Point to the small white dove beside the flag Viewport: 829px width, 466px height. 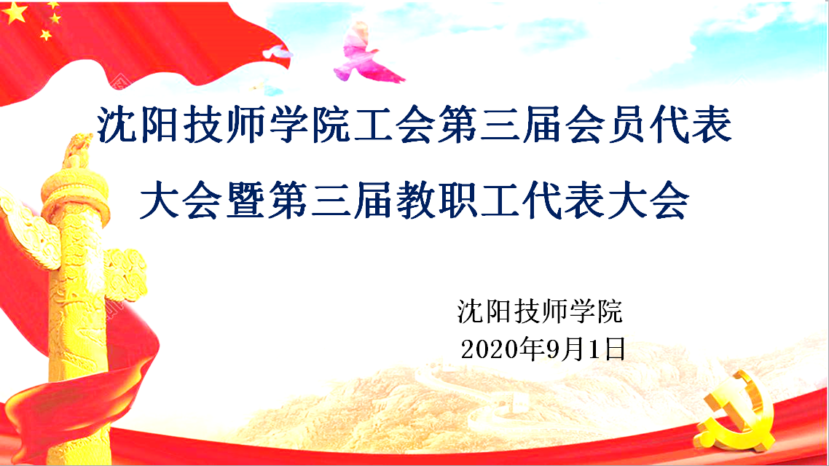[278, 52]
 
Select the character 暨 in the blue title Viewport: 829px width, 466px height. [245, 200]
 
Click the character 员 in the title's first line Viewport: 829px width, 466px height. [627, 125]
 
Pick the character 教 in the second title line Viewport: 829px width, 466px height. [415, 200]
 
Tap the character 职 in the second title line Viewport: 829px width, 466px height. [458, 200]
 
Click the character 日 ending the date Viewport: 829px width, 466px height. [615, 349]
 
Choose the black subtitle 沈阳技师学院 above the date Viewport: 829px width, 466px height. [540, 311]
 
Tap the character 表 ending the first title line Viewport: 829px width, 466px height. [712, 125]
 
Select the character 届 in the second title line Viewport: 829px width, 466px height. [373, 200]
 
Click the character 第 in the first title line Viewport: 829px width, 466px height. [457, 125]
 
